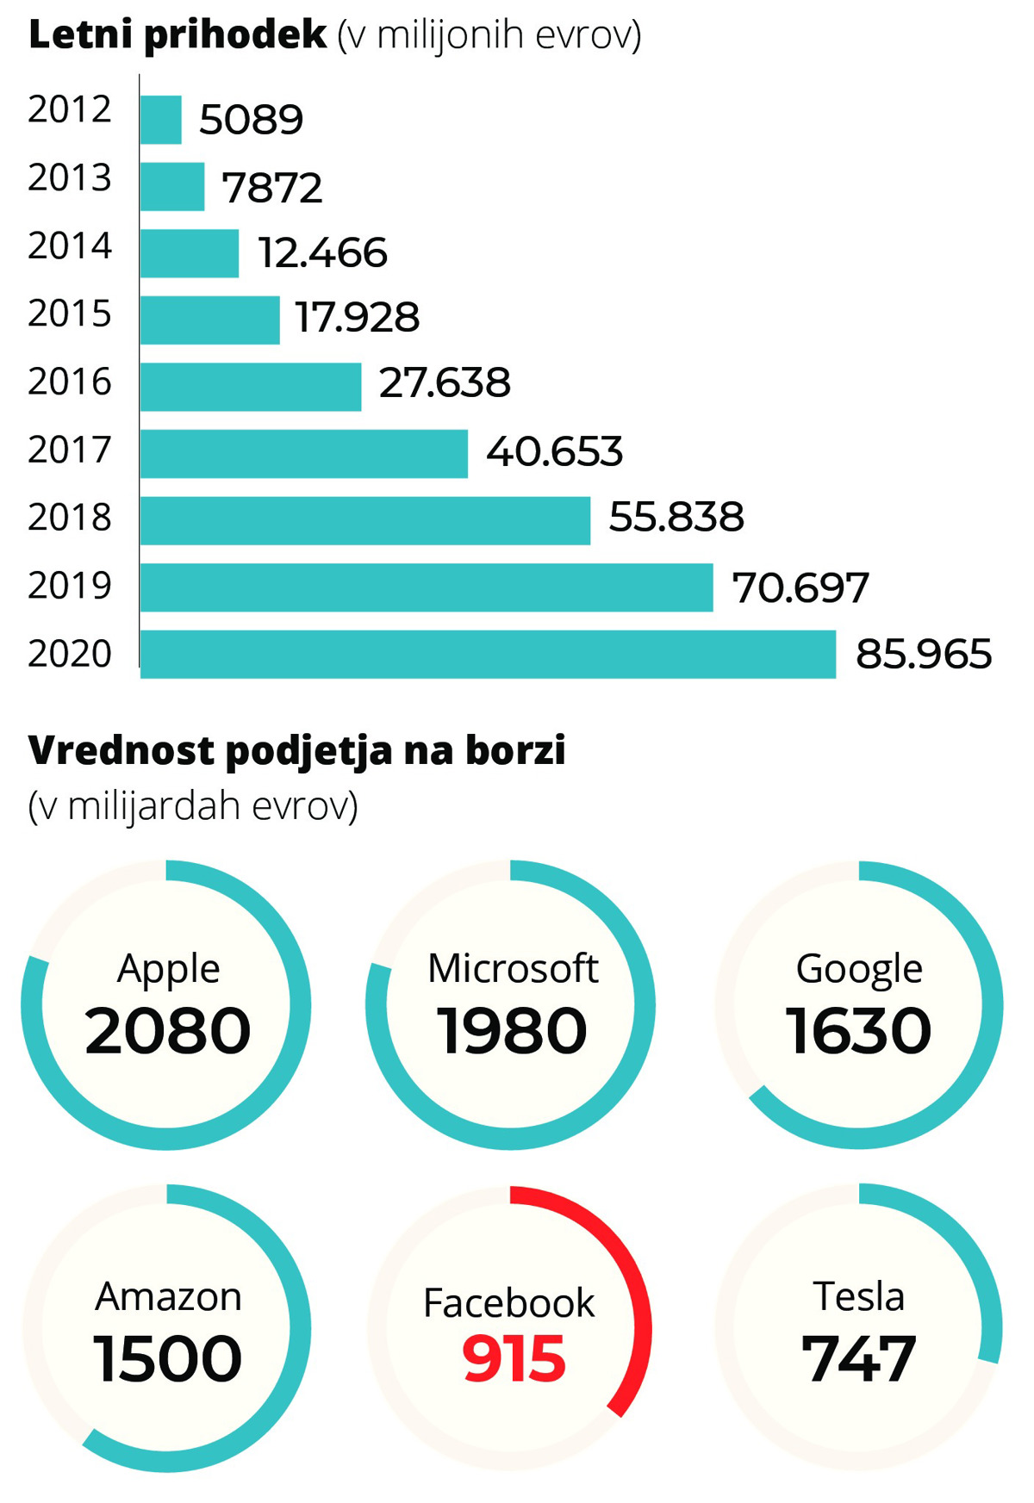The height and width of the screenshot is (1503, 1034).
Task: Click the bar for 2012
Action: pyautogui.click(x=161, y=120)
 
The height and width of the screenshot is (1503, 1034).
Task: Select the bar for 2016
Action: pyautogui.click(x=251, y=387)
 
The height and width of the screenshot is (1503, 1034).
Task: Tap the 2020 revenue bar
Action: pyautogui.click(x=488, y=655)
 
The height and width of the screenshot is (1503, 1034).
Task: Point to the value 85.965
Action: pyautogui.click(x=923, y=655)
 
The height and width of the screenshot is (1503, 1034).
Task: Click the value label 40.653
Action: pyautogui.click(x=554, y=452)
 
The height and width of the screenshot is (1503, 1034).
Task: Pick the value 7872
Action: pyautogui.click(x=272, y=188)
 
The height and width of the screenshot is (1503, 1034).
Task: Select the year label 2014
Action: pyautogui.click(x=70, y=246)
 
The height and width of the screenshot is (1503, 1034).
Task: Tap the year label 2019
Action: pyautogui.click(x=70, y=586)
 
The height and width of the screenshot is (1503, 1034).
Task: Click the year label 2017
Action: pyautogui.click(x=70, y=450)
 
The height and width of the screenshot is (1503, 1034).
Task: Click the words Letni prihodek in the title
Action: pyautogui.click(x=178, y=35)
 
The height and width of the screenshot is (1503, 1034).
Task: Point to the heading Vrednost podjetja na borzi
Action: pyautogui.click(x=297, y=750)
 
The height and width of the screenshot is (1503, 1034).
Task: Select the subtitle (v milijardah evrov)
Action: pyautogui.click(x=193, y=806)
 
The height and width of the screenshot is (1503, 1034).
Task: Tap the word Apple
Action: pyautogui.click(x=169, y=968)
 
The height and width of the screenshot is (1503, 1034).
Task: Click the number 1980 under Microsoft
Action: pyautogui.click(x=512, y=1030)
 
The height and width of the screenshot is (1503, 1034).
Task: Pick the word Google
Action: pyautogui.click(x=859, y=968)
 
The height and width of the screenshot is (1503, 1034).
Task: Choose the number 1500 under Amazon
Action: pyautogui.click(x=167, y=1358)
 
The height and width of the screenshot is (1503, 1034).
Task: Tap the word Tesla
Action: pyautogui.click(x=859, y=1296)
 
